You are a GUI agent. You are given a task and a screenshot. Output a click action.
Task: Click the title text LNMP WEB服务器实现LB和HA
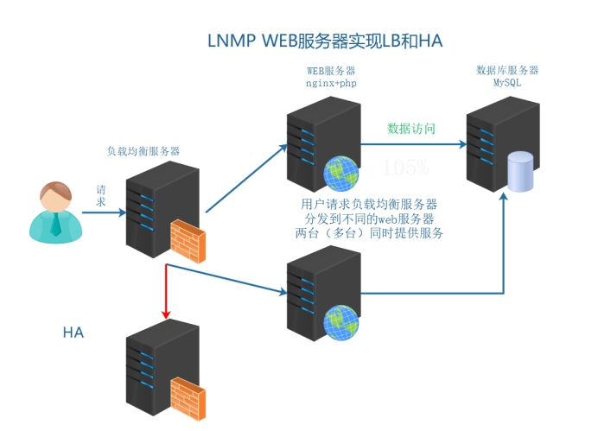point(326,41)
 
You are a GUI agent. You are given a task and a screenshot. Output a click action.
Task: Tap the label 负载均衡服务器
point(143,151)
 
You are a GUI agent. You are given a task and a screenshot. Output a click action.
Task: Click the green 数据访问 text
point(410,128)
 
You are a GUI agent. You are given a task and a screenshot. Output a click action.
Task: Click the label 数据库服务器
point(507,70)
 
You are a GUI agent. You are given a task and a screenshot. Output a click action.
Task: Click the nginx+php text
point(331,84)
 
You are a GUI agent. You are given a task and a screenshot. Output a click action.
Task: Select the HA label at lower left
point(73,332)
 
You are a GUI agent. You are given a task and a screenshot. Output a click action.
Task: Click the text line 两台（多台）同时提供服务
point(369,232)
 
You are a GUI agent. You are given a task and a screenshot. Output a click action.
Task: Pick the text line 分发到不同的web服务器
point(369,219)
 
